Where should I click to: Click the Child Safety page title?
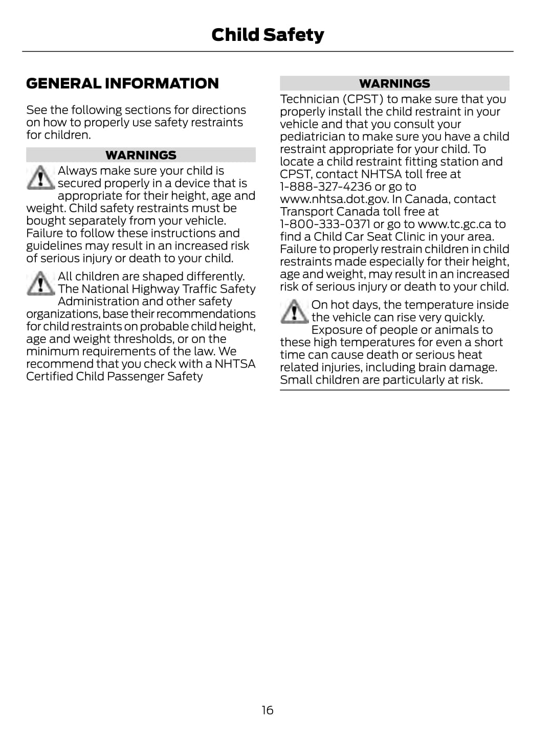[x=268, y=35]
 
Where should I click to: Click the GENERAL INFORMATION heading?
[x=122, y=83]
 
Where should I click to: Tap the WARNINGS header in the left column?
[x=141, y=155]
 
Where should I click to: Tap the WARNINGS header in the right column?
[x=394, y=83]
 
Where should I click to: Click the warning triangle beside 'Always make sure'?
[x=40, y=177]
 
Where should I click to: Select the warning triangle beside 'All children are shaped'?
[x=40, y=283]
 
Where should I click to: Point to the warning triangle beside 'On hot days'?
[x=294, y=312]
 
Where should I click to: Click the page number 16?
[x=268, y=710]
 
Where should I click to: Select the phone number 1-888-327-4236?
[x=325, y=187]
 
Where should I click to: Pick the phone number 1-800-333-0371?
[x=325, y=224]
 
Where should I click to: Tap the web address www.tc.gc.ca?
[x=454, y=224]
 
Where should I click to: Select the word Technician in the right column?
[x=310, y=99]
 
